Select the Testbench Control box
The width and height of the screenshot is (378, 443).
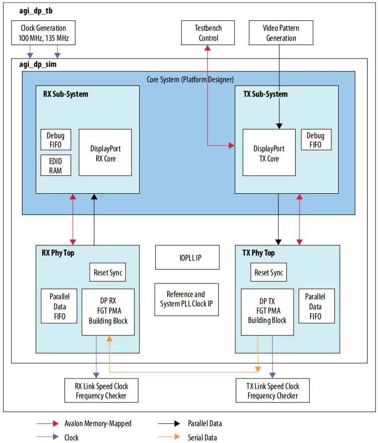tap(207, 33)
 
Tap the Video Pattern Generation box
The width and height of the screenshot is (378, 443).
tap(281, 33)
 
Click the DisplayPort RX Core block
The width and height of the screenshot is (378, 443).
tap(105, 153)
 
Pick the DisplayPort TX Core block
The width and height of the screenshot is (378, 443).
tap(266, 153)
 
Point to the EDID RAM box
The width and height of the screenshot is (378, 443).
tap(56, 165)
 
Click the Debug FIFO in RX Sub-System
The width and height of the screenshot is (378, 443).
tap(56, 140)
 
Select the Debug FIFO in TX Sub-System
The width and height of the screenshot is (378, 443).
tap(315, 140)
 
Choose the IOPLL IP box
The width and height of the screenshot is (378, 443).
tap(187, 258)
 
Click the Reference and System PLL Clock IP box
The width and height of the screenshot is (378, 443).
tap(186, 299)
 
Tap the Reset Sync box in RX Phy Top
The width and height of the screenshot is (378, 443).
tap(108, 273)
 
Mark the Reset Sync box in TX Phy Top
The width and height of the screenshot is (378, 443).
tap(268, 273)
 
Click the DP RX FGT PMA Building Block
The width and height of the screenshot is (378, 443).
tap(108, 312)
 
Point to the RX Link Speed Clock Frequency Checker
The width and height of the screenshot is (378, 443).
tap(101, 390)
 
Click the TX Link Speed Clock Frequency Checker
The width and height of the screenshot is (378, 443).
tap(273, 390)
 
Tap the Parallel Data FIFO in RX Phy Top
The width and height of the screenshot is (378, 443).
tap(59, 306)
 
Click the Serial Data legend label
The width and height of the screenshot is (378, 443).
tap(202, 437)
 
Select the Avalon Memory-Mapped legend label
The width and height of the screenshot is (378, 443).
tap(98, 423)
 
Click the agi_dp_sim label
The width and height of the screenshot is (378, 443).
tap(34, 64)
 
